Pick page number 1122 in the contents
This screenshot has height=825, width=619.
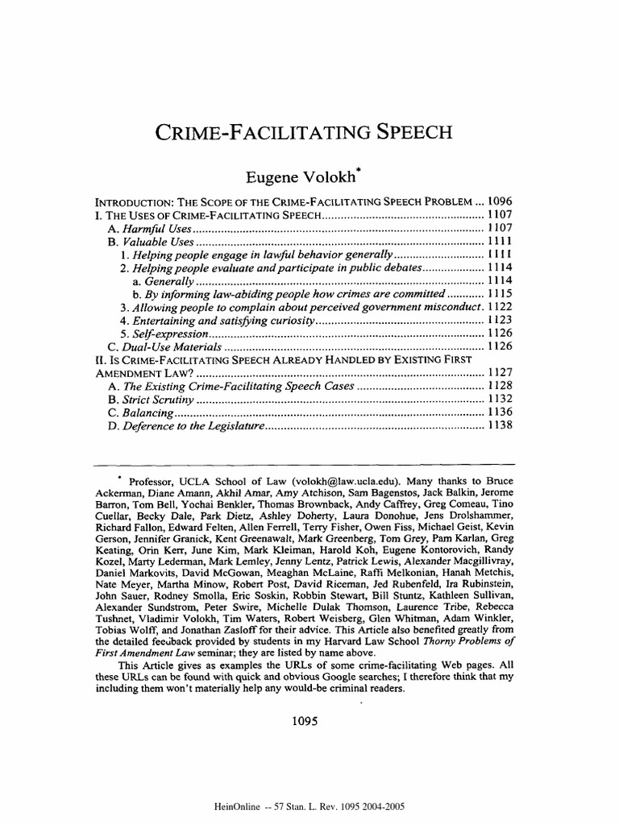coord(501,307)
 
